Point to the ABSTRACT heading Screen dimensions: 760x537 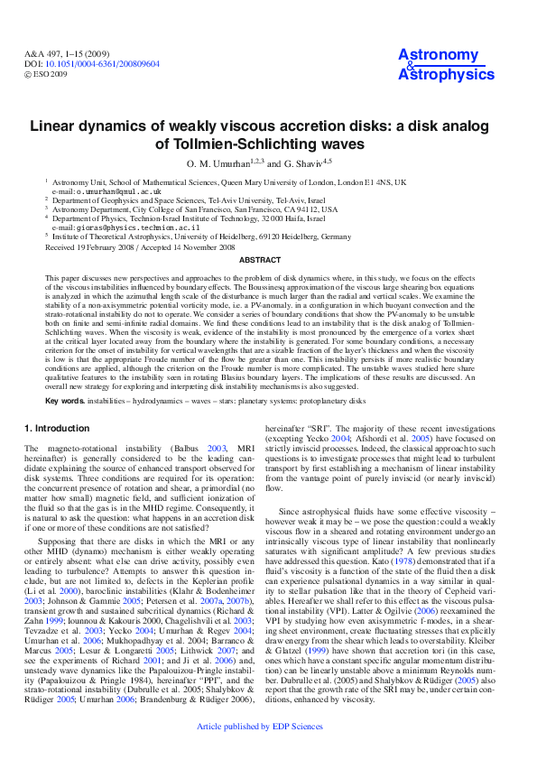[268, 260]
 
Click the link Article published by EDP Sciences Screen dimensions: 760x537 [268, 749]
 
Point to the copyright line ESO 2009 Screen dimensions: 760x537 [51, 74]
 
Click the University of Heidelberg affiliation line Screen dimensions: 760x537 [202, 236]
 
